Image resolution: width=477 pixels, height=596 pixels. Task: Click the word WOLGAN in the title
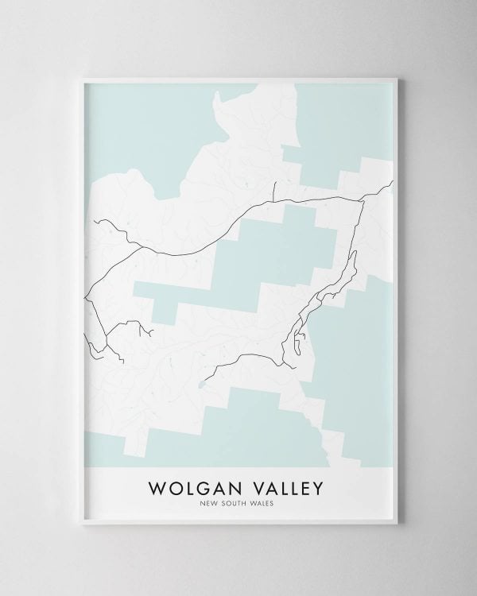coord(192,486)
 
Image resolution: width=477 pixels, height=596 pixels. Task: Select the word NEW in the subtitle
coord(211,501)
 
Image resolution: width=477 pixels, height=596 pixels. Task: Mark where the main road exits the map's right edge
coord(393,184)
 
